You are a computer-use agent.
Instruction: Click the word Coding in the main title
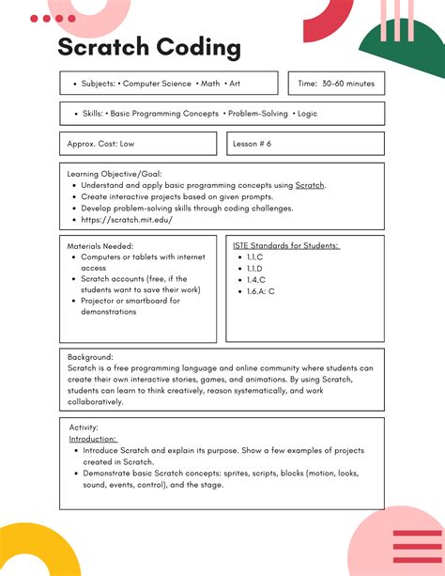(x=199, y=49)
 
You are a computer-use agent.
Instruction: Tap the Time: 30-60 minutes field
(x=335, y=84)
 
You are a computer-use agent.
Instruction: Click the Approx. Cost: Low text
(x=100, y=144)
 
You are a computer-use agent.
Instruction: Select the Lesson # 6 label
(x=252, y=144)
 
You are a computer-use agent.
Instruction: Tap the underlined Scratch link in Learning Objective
(x=310, y=186)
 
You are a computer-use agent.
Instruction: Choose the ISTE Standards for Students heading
(x=285, y=245)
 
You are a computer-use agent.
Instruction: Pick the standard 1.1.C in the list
(x=255, y=257)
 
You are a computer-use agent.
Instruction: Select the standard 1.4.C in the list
(x=255, y=279)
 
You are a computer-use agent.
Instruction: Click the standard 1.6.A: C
(x=261, y=291)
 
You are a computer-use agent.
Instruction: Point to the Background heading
(x=90, y=357)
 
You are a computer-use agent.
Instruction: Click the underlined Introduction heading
(x=93, y=439)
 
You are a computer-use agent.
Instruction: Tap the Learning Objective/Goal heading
(x=114, y=174)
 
